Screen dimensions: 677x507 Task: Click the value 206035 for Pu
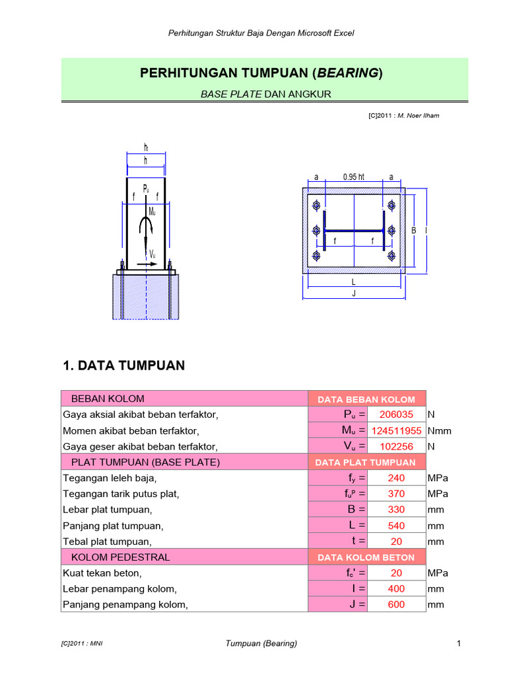click(396, 415)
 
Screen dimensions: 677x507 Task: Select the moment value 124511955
click(396, 430)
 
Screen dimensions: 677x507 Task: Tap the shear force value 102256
click(396, 446)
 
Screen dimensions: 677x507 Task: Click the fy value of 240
click(396, 478)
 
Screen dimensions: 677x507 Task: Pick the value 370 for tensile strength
click(396, 494)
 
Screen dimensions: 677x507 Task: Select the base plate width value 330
click(396, 510)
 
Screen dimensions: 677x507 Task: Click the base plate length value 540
click(396, 526)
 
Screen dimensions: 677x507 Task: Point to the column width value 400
click(396, 588)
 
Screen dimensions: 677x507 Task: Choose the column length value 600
click(396, 604)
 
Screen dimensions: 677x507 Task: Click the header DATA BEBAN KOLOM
click(366, 399)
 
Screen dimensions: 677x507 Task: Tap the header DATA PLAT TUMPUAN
click(366, 463)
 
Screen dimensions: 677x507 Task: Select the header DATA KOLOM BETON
click(366, 557)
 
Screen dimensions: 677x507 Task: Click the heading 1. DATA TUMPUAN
click(123, 366)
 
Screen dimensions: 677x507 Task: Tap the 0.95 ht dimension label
click(353, 177)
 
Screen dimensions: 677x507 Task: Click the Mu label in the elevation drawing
click(152, 212)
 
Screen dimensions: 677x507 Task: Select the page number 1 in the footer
click(457, 643)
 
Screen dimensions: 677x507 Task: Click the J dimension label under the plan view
click(354, 293)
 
